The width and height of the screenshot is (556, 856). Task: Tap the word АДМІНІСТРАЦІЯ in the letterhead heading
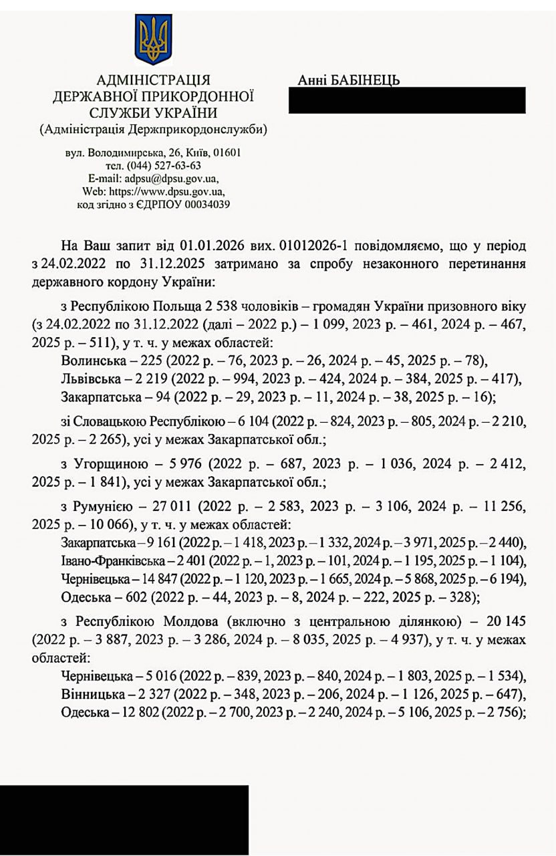154,81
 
